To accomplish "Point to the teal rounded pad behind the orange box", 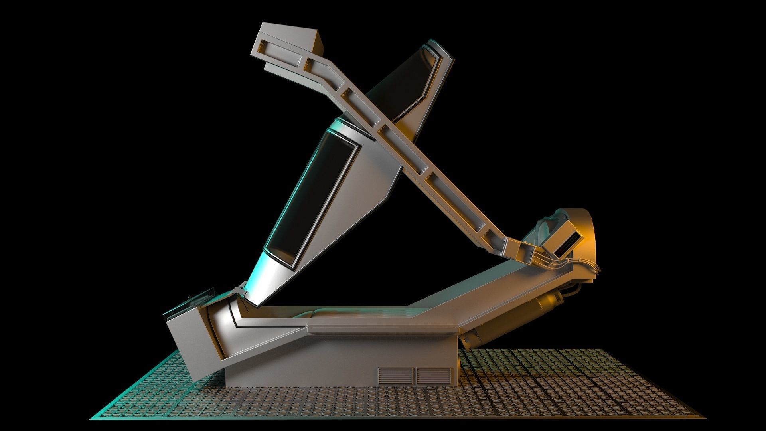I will pyautogui.click(x=547, y=227).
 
